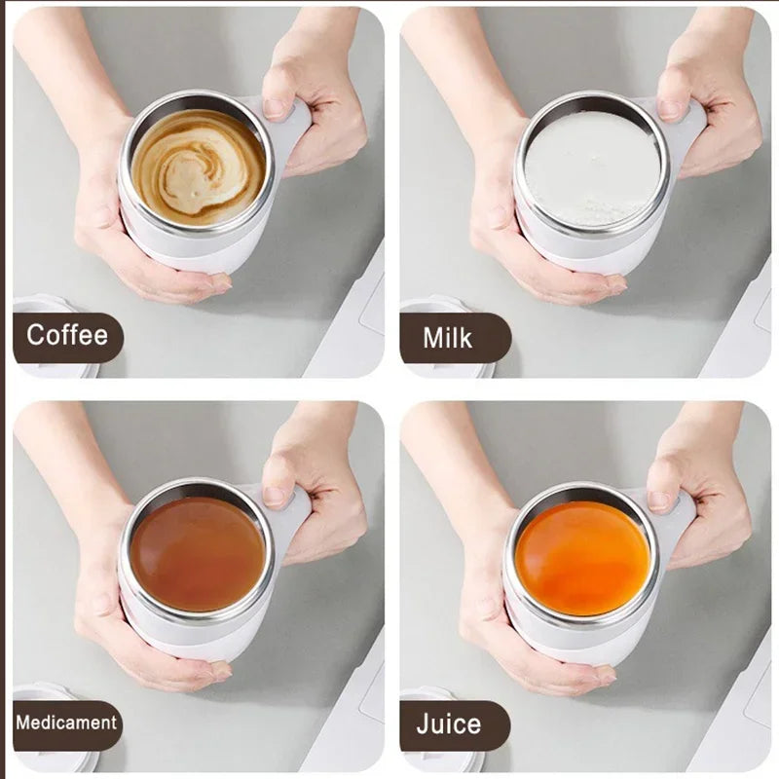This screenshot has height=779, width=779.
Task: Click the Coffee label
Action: click(x=66, y=336)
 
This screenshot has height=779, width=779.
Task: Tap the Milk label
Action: click(x=448, y=338)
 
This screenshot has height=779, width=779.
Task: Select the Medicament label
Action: click(x=66, y=723)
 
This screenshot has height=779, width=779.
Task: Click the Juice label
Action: click(x=448, y=724)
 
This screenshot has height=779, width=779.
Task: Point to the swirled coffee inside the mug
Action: click(x=198, y=167)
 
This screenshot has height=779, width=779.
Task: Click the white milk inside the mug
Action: click(x=591, y=168)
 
